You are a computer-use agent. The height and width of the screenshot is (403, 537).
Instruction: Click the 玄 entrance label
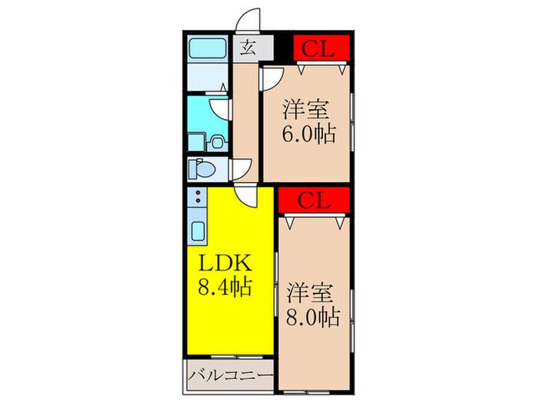coord(248,48)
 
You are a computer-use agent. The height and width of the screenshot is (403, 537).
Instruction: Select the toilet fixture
coord(204,167)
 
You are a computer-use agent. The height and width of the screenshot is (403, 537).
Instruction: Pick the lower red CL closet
coord(314,202)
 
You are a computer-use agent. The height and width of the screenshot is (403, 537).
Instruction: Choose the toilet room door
coord(243,167)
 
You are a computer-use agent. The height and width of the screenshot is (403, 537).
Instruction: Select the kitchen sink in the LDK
coord(196,230)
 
